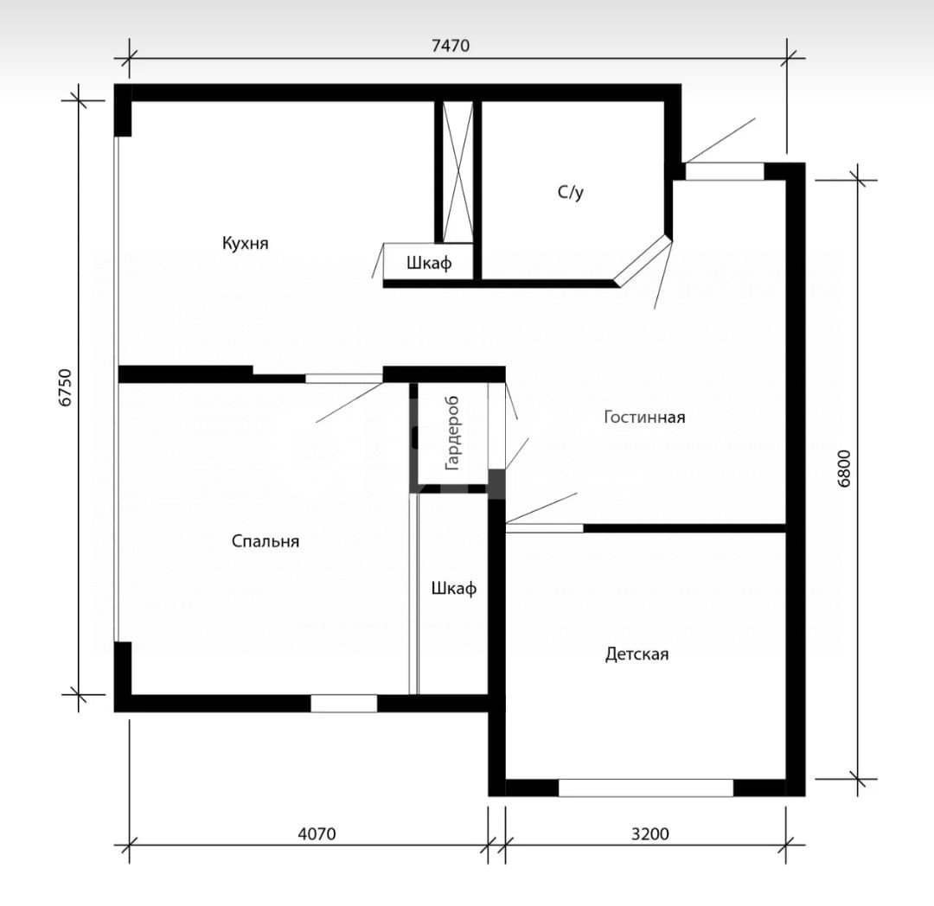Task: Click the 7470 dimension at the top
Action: tap(451, 46)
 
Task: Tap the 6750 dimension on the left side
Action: tap(66, 388)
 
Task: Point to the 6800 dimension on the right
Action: tap(844, 469)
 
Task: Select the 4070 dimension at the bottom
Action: tap(317, 833)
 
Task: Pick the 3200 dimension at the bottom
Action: tap(649, 833)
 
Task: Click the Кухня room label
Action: tap(245, 243)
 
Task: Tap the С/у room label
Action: tap(571, 192)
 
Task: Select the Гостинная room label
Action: tap(644, 417)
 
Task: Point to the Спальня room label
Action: tap(265, 541)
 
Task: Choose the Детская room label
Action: tap(637, 654)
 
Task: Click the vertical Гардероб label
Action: tap(452, 433)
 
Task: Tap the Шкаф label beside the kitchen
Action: tap(429, 263)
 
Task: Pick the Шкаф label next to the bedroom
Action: tap(454, 588)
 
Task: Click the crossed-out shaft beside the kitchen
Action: tap(457, 172)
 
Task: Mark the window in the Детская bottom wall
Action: tap(646, 788)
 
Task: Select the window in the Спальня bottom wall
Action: tap(343, 703)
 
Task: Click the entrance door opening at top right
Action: tap(725, 171)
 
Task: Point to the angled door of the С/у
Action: tap(643, 261)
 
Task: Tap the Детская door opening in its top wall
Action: tap(545, 528)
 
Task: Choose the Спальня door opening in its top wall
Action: tap(344, 378)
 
